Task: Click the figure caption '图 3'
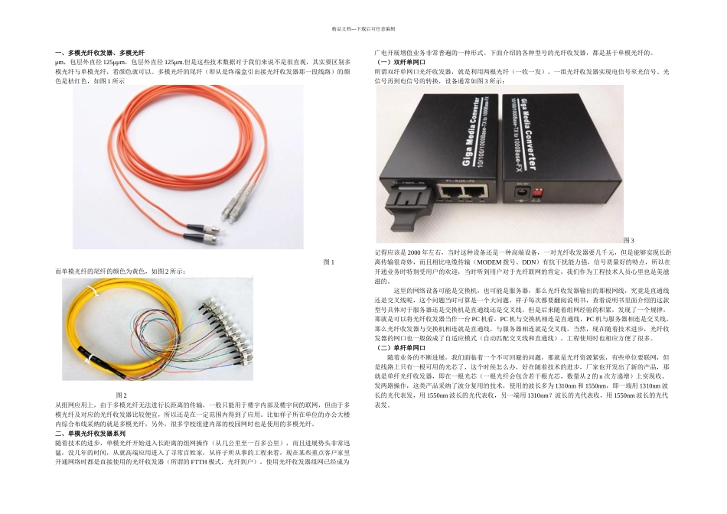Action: (x=629, y=241)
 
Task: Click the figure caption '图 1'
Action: (x=329, y=262)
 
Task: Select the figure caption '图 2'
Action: (x=122, y=394)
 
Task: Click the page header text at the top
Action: (x=363, y=28)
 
